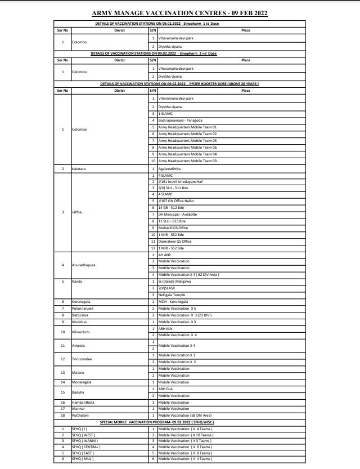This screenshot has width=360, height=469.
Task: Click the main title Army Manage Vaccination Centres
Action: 180,12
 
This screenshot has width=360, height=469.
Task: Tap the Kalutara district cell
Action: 79,169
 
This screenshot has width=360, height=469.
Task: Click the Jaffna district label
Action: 76,212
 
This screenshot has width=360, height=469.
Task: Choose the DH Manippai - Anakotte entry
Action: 178,215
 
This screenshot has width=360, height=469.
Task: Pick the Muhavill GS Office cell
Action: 173,228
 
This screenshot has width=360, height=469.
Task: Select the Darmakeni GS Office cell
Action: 175,242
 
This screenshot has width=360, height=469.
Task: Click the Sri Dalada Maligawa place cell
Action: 174,281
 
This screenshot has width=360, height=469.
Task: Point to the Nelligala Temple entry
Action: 172,295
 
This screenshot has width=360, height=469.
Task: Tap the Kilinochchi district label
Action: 82,332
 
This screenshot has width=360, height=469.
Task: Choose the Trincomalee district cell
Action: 83,359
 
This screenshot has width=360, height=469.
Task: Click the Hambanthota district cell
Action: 84,403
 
